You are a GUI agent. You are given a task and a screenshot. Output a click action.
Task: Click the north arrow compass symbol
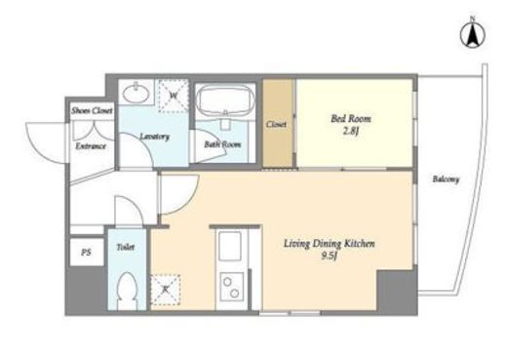473,33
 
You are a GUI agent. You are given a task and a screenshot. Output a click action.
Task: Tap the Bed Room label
351,118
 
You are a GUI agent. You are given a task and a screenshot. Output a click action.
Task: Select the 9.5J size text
329,257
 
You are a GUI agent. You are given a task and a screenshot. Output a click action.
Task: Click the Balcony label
446,180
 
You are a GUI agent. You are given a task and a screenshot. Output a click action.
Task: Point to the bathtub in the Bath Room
226,100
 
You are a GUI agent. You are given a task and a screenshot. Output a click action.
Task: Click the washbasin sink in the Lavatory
136,92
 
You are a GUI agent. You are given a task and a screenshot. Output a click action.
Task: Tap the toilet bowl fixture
127,291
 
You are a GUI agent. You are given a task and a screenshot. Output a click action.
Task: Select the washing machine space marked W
174,96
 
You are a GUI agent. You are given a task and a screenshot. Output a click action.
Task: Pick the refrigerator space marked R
166,290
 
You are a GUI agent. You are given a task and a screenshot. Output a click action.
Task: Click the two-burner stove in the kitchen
230,287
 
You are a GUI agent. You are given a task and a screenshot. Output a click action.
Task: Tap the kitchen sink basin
230,246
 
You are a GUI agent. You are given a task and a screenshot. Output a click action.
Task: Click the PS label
86,253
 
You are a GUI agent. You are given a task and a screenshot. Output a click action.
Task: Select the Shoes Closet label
93,110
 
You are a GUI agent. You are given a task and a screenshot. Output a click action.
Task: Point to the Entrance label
91,146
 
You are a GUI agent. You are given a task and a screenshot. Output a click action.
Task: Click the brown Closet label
277,124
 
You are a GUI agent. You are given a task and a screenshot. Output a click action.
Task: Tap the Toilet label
126,247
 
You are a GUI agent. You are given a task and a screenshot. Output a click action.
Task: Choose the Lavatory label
154,137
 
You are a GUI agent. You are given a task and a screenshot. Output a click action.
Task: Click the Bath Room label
222,144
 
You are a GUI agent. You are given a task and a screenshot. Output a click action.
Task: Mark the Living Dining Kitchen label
330,244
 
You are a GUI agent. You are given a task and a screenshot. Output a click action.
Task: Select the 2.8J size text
351,132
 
